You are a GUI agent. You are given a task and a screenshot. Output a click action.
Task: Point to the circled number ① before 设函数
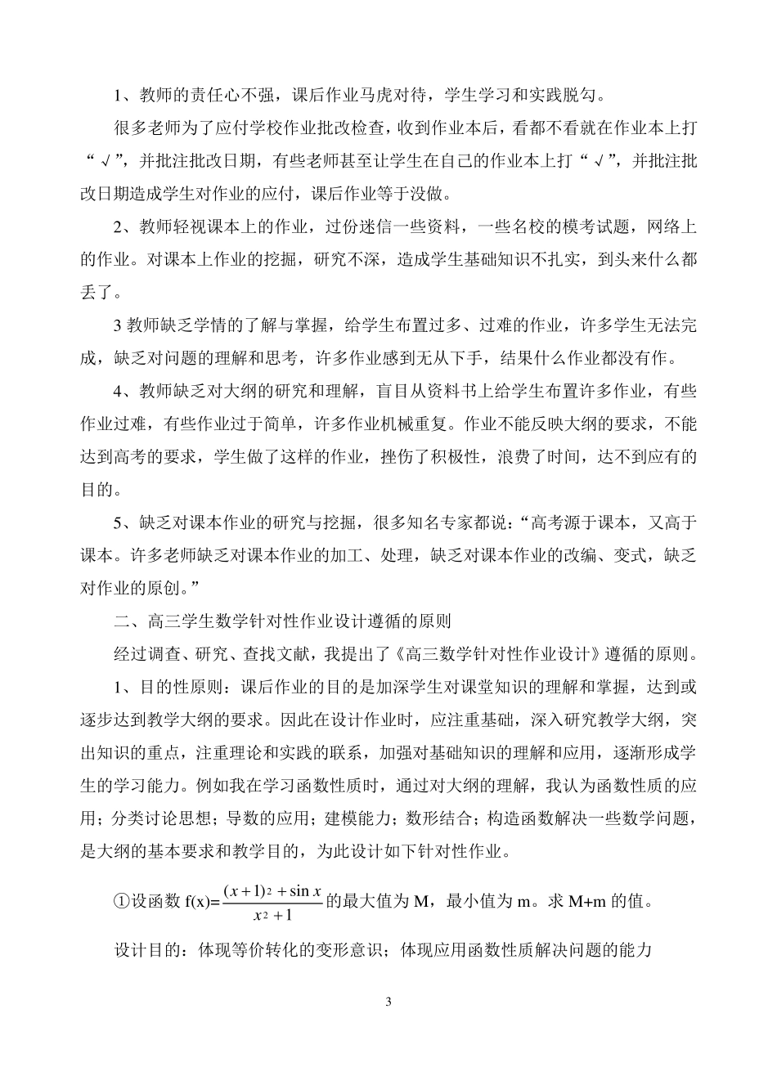pos(121,903)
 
